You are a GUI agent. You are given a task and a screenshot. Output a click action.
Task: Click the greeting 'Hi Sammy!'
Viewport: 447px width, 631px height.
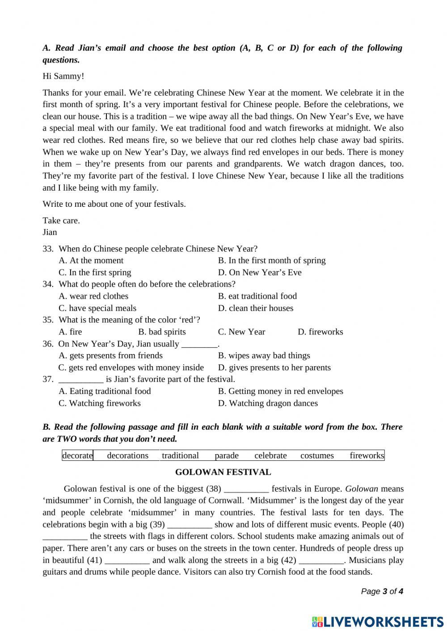pos(63,76)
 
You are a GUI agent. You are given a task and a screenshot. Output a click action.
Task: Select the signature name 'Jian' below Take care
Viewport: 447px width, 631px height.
pos(50,232)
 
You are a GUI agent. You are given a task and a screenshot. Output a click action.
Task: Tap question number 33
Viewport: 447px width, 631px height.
pos(48,249)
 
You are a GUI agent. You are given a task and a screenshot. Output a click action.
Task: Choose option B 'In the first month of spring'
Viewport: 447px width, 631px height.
pos(272,260)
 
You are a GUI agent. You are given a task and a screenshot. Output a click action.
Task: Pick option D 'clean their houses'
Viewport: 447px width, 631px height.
pos(256,308)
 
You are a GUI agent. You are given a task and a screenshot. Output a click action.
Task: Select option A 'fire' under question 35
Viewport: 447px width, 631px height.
pos(70,332)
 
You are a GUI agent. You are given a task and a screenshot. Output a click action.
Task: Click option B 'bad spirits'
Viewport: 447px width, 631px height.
pos(162,332)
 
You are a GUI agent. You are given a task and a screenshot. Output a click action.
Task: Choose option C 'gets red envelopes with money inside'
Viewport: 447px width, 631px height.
pos(131,368)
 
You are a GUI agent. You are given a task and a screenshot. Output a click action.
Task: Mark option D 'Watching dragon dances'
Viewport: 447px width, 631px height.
pos(268,403)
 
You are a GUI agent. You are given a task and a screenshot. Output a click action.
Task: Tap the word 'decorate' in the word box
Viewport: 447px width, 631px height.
pos(78,455)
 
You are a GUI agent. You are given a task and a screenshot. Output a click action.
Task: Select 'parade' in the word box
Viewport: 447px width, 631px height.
pos(227,455)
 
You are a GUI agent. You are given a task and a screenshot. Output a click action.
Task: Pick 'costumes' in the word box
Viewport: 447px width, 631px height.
pos(317,455)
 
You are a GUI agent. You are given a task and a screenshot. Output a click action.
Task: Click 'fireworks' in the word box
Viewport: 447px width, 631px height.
pos(367,455)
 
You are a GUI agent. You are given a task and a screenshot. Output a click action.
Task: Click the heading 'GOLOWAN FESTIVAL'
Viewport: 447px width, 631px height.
pos(223,472)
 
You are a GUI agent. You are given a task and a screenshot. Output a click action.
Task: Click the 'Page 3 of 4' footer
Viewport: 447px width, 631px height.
pos(382,591)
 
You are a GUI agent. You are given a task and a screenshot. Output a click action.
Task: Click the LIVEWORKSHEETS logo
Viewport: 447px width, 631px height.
pos(378,621)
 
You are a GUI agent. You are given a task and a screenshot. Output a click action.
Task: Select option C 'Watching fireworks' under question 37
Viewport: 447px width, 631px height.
pos(100,403)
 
